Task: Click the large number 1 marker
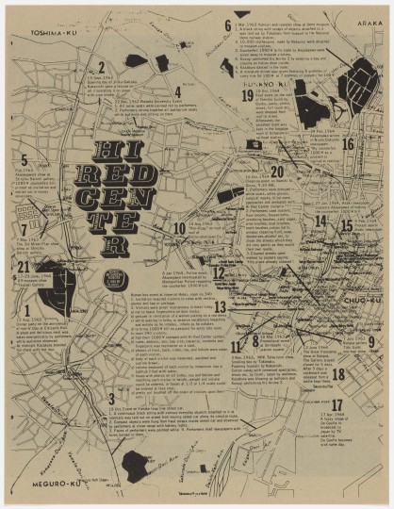pos(27,309)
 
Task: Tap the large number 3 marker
pos(111,399)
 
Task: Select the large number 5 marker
pos(24,160)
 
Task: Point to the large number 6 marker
pos(227,25)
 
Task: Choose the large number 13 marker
pos(221,306)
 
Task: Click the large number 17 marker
pos(337,405)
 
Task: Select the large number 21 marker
pos(24,267)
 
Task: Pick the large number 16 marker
pos(348,144)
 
